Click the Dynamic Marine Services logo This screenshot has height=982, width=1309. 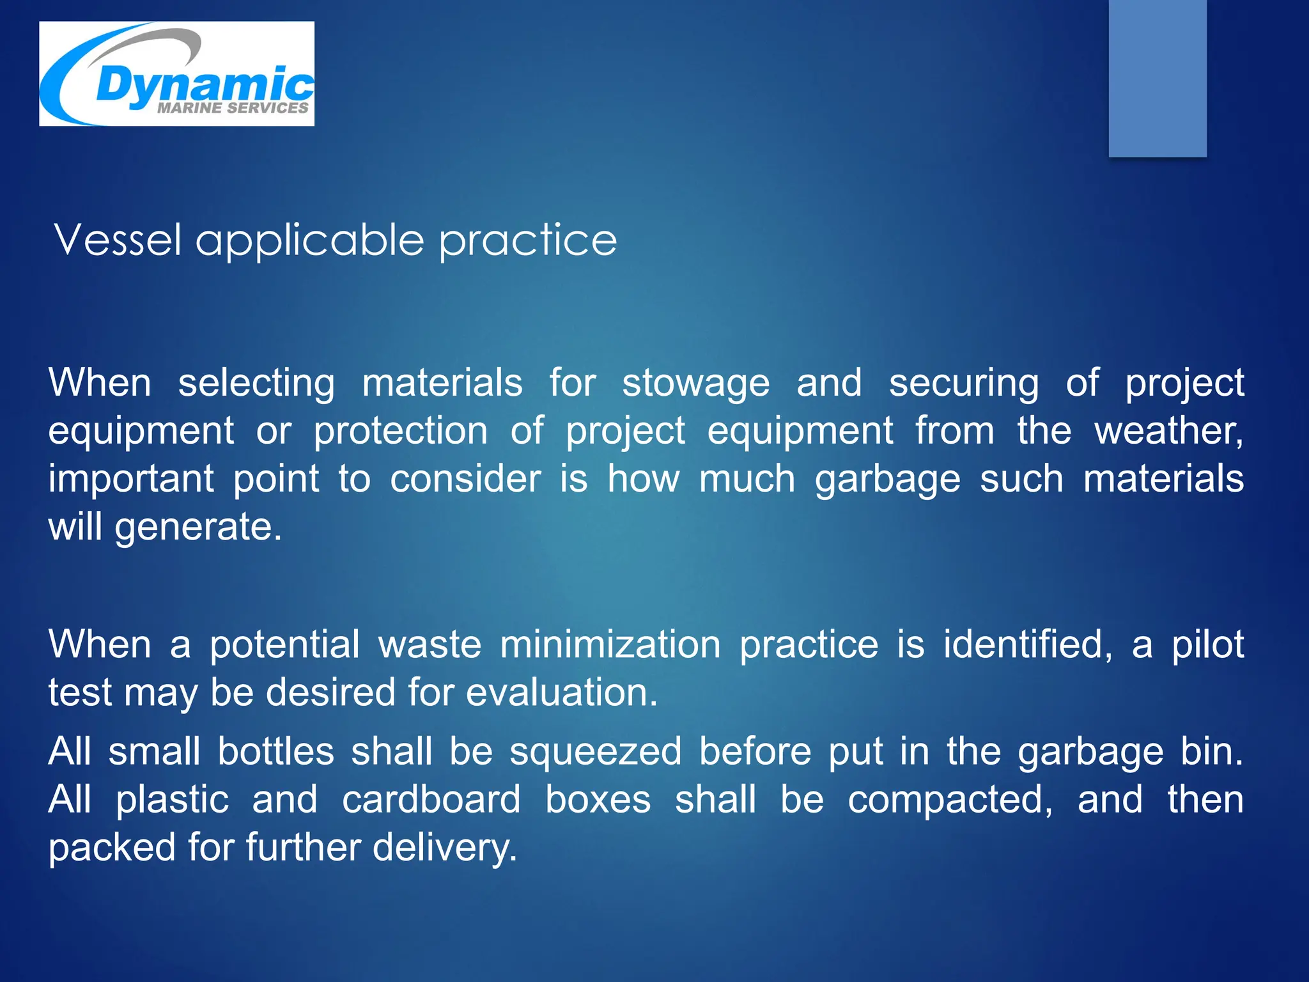pos(176,74)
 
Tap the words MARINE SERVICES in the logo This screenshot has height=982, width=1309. pos(233,108)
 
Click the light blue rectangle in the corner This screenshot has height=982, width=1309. pos(1157,78)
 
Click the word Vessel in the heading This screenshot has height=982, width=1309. pos(118,240)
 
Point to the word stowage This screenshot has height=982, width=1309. pos(695,384)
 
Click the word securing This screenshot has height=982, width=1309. pos(964,384)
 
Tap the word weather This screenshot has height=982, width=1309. pos(1168,431)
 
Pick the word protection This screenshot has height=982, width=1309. pos(401,431)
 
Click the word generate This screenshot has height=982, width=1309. pos(198,528)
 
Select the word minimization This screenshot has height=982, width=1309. pos(610,644)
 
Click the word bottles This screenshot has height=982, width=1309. pos(275,752)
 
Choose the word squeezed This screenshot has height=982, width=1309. pos(595,752)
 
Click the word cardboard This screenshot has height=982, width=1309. pos(431,800)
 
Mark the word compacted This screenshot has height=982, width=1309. pos(950,800)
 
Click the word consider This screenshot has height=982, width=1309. pos(465,479)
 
